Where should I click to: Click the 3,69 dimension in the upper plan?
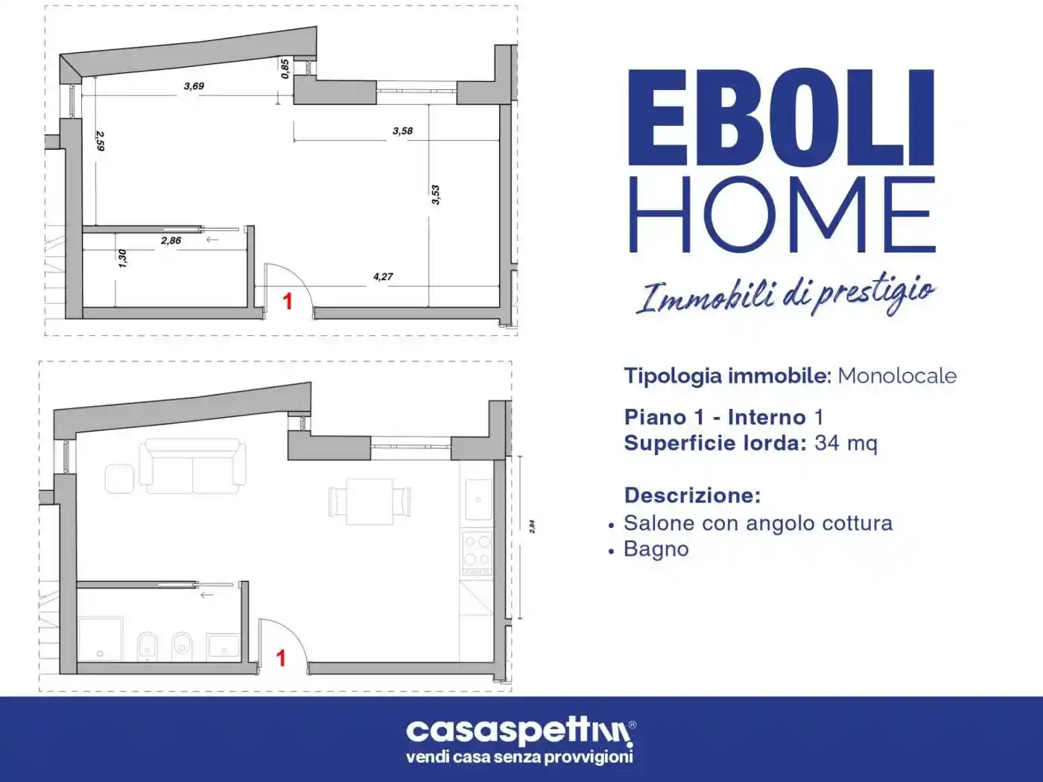tap(194, 86)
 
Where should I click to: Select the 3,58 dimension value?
tap(402, 131)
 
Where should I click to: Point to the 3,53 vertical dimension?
tap(436, 194)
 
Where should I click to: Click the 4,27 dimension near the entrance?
tap(383, 277)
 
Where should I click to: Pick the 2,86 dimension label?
tap(171, 241)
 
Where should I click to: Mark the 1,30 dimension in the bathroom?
tap(123, 258)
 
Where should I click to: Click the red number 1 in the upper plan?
tap(288, 301)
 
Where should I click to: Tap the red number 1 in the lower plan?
tap(281, 658)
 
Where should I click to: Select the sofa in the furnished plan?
tap(193, 466)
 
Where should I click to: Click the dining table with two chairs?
tap(370, 500)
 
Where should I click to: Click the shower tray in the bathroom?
tap(101, 638)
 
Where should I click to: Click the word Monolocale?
tap(897, 375)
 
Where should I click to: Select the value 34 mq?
tap(846, 443)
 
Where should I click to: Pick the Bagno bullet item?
tap(656, 549)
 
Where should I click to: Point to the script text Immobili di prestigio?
tap(785, 295)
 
